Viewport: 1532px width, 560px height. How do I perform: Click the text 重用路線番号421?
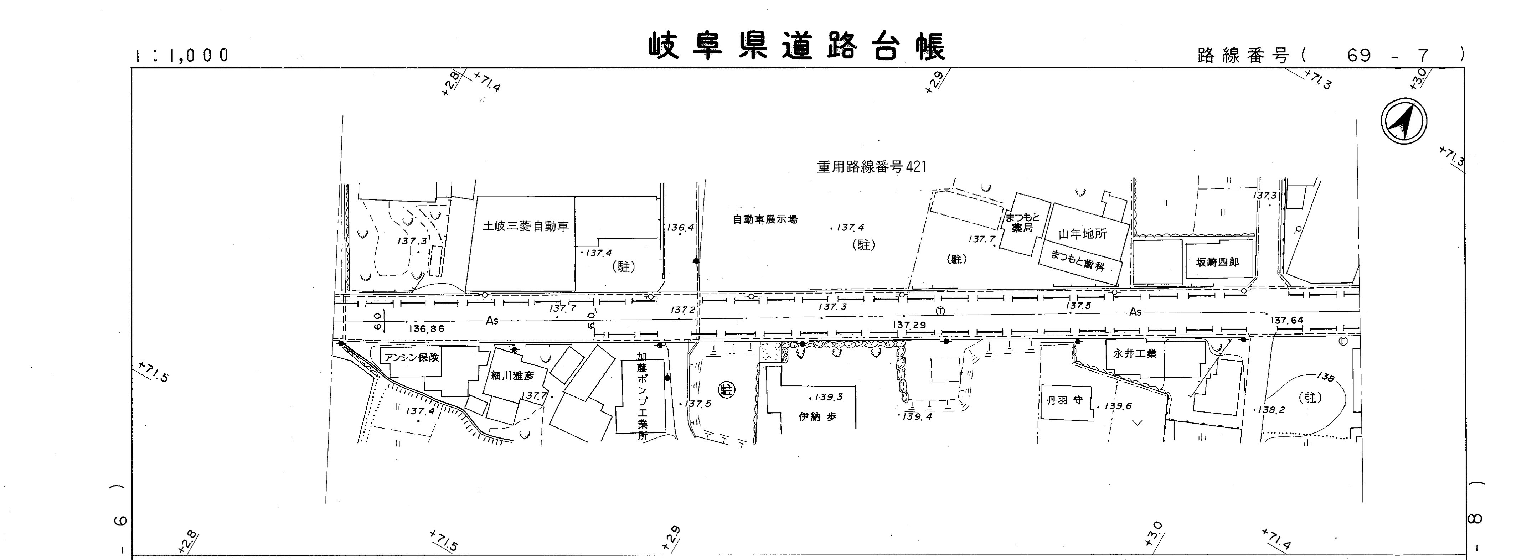pyautogui.click(x=871, y=167)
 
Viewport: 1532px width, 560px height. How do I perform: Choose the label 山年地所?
pyautogui.click(x=1082, y=234)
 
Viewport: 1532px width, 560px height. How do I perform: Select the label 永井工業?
pyautogui.click(x=1134, y=353)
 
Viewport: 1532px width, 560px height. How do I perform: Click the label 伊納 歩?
pyautogui.click(x=817, y=417)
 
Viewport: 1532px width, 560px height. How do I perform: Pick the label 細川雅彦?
pyautogui.click(x=513, y=376)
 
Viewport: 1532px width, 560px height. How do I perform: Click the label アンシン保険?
pyautogui.click(x=411, y=357)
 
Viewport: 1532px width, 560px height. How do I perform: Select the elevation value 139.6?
pyautogui.click(x=1118, y=406)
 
